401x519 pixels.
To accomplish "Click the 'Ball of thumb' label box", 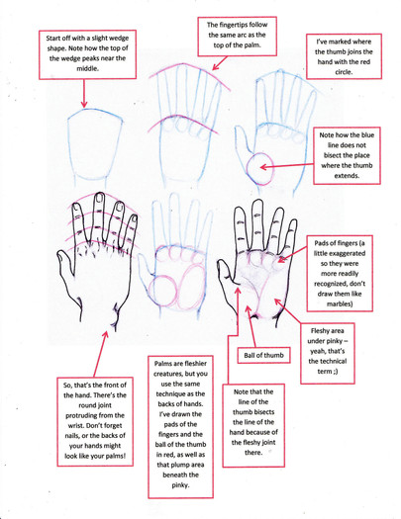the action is pyautogui.click(x=263, y=355).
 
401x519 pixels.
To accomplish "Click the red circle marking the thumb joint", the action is pyautogui.click(x=260, y=168).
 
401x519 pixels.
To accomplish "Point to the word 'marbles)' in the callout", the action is pyautogui.click(x=340, y=303).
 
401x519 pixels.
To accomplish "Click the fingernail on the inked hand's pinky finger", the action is pyautogui.click(x=134, y=218).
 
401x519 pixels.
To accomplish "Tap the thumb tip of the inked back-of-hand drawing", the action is pyautogui.click(x=61, y=255).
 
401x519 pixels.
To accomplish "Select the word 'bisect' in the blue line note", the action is pyautogui.click(x=334, y=155).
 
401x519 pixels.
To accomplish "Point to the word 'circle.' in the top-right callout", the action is pyautogui.click(x=344, y=72).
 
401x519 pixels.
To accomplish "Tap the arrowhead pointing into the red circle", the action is pyautogui.click(x=263, y=167).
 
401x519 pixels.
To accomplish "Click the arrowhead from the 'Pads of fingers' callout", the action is pyautogui.click(x=282, y=259).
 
